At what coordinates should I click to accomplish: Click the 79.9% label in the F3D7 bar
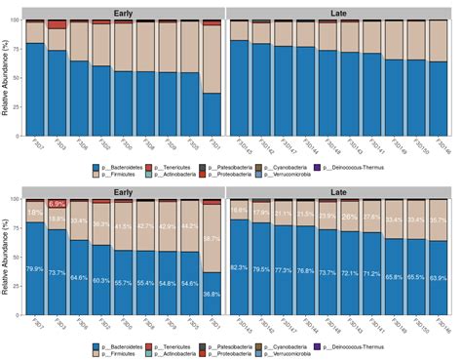pos(34,269)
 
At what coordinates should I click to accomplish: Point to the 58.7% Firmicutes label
pos(212,238)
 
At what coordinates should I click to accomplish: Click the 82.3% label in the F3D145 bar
pos(238,266)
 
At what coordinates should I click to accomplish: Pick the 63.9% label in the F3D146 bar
pos(442,278)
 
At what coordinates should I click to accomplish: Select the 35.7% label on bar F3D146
pos(442,220)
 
